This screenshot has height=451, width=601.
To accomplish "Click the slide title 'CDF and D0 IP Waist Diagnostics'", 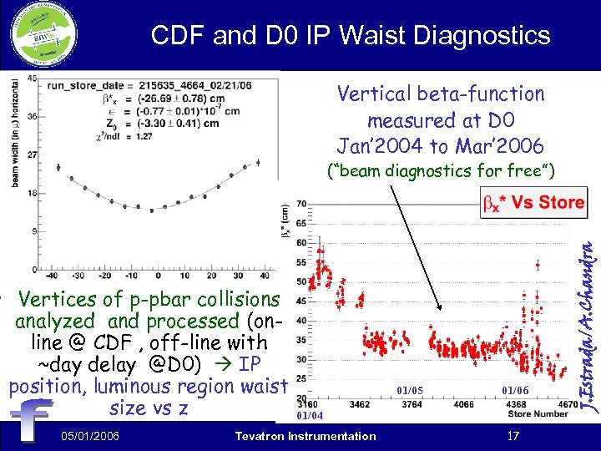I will pyautogui.click(x=351, y=35).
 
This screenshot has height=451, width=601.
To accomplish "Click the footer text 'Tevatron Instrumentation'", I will pyautogui.click(x=306, y=436).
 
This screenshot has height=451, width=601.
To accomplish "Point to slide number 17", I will pyautogui.click(x=513, y=436).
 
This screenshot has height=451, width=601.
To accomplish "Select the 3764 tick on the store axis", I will pyautogui.click(x=411, y=403).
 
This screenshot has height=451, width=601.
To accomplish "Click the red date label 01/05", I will pyautogui.click(x=410, y=390).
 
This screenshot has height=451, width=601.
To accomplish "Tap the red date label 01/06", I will pyautogui.click(x=515, y=390).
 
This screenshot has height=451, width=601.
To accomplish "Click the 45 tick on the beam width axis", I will pyautogui.click(x=32, y=79).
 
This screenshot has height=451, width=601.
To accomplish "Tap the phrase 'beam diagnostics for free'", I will pyautogui.click(x=442, y=172).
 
